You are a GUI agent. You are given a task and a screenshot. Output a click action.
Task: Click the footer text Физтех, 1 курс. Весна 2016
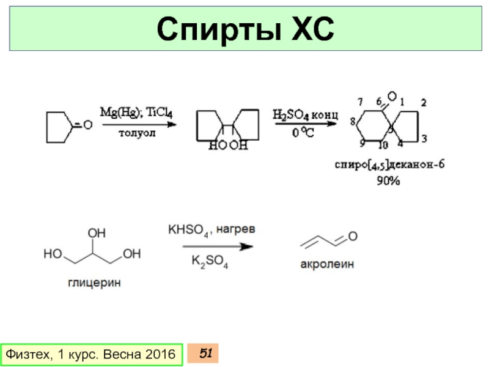tap(90, 354)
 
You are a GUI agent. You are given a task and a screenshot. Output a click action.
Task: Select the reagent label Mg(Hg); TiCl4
tap(136, 113)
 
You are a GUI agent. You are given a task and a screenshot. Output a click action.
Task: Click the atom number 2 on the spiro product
tap(423, 102)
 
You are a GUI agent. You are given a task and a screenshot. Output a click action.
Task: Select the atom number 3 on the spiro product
tap(424, 137)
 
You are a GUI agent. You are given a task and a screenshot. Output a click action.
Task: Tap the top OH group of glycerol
tap(97, 234)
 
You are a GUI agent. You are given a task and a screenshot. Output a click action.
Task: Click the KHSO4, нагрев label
tap(210, 231)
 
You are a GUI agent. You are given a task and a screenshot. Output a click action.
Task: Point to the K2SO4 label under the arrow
tap(210, 262)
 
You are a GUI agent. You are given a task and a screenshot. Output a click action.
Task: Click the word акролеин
tap(327, 266)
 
